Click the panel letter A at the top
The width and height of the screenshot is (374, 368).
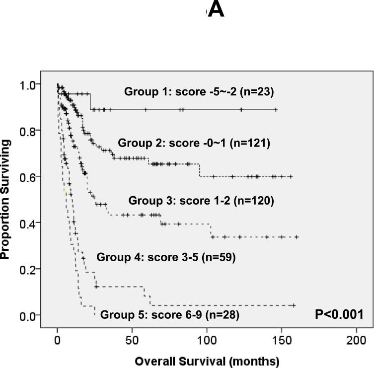216,9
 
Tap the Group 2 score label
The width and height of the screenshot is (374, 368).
194,143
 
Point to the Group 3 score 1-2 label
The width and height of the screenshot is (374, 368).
201,201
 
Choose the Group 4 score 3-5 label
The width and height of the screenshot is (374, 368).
166,257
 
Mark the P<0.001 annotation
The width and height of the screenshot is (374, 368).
339,314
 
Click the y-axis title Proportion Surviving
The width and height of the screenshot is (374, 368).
6,199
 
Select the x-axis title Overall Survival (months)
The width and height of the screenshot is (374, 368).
207,361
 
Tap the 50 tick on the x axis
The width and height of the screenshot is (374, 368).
132,340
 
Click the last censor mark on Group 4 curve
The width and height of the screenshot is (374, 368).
294,305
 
